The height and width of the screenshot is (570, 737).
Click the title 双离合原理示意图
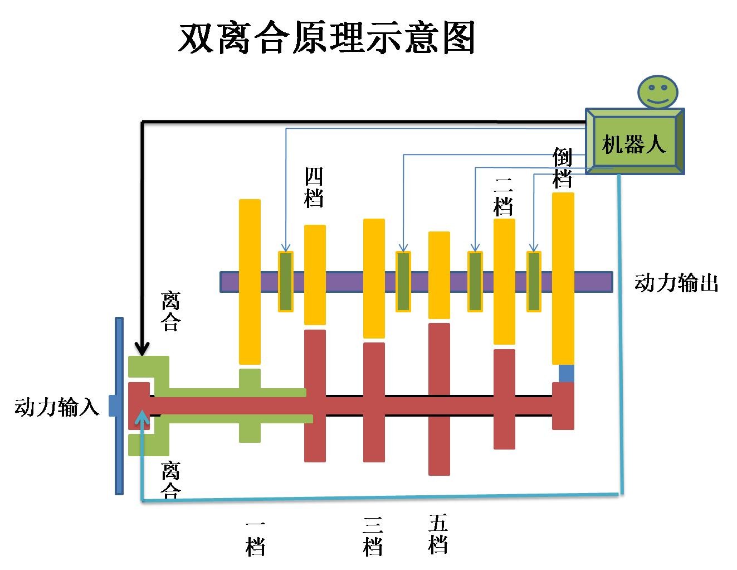(326, 38)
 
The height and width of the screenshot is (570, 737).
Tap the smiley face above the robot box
(658, 91)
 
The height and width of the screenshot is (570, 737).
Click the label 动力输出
(676, 283)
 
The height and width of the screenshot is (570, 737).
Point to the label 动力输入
(56, 407)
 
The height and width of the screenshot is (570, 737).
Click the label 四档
(314, 187)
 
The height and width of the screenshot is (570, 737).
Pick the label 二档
(504, 196)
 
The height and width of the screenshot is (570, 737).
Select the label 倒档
(563, 168)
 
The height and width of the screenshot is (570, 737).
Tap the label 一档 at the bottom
(255, 539)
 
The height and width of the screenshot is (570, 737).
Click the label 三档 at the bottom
(373, 537)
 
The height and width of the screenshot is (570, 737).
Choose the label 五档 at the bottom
(438, 534)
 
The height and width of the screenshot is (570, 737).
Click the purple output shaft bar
(345, 282)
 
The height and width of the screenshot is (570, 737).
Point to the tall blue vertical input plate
(119, 405)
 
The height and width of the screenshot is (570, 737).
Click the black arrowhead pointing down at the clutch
(143, 349)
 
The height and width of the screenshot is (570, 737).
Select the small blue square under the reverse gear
(566, 373)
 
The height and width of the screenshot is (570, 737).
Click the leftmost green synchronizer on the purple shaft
(286, 282)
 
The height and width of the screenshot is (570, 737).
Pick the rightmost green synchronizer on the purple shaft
(534, 282)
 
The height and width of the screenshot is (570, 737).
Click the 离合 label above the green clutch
(170, 311)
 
